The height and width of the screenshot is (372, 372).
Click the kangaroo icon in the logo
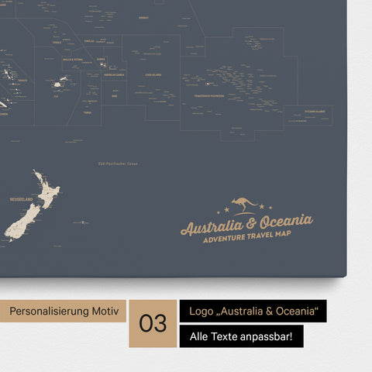click(246, 206)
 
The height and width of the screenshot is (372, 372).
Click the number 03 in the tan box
click(152, 322)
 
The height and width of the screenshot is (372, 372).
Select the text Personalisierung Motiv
click(64, 311)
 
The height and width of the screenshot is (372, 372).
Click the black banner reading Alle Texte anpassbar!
click(241, 336)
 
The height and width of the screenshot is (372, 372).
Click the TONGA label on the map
click(88, 112)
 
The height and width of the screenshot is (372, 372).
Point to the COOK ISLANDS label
click(153, 74)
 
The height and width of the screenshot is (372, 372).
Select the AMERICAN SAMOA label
click(115, 75)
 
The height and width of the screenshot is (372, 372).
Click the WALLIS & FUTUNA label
click(72, 59)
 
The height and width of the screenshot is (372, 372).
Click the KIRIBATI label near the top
click(143, 16)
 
